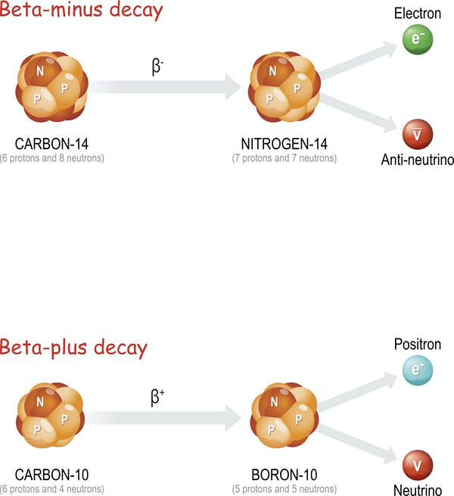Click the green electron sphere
click(418, 39)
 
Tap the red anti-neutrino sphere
click(418, 134)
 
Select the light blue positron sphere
click(418, 370)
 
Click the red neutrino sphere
click(418, 465)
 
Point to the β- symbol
click(157, 67)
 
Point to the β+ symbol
click(157, 398)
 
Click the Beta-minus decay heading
click(81, 10)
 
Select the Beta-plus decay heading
click(73, 348)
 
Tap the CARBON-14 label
click(51, 144)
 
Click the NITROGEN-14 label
click(285, 144)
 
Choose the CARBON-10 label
click(51, 475)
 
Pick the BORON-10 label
click(285, 475)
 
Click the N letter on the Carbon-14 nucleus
click(40, 71)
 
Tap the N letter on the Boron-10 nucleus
click(274, 402)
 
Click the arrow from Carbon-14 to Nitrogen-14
click(164, 87)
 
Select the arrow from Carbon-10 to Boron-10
click(163, 418)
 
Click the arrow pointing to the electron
click(358, 60)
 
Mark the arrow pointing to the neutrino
click(356, 444)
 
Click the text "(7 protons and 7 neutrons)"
click(285, 158)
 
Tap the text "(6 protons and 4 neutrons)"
click(52, 489)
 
